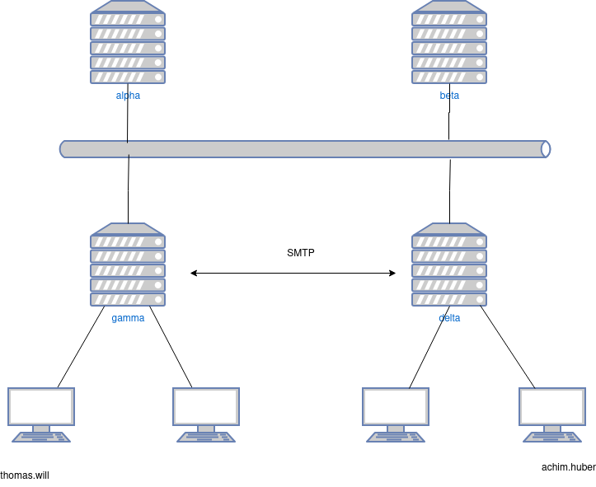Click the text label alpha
point(128,96)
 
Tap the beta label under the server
point(449,96)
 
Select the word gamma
point(128,318)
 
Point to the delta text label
point(449,318)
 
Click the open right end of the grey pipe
point(545,149)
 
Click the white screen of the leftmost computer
point(41,406)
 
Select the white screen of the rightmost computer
point(552,406)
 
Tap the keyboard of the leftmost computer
point(41,438)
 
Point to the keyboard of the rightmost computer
point(552,438)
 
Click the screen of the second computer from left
point(206,406)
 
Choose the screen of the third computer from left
point(396,406)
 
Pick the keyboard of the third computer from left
point(396,438)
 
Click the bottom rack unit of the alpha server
point(128,77)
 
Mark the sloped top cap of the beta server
point(449,7)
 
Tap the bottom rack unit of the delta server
point(449,299)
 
